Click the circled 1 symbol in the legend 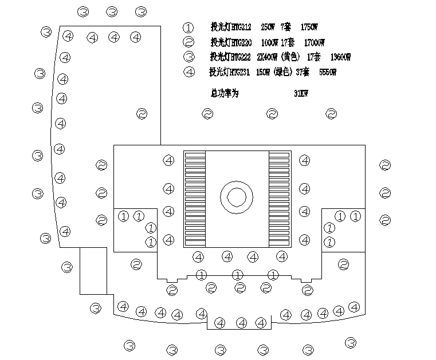coord(188,27)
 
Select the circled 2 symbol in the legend coord(188,42)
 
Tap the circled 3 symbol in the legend coord(188,57)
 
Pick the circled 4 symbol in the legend coord(188,72)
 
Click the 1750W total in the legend coord(309,27)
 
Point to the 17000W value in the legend coord(314,42)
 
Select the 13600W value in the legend coord(340,57)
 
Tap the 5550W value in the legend coord(327,72)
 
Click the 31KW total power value coord(301,93)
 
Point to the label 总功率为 coord(224,93)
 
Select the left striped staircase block coord(194,199)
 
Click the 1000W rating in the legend coord(269,42)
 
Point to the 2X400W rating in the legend coord(267,57)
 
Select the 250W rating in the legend coord(267,27)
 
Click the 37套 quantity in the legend coord(303,72)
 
